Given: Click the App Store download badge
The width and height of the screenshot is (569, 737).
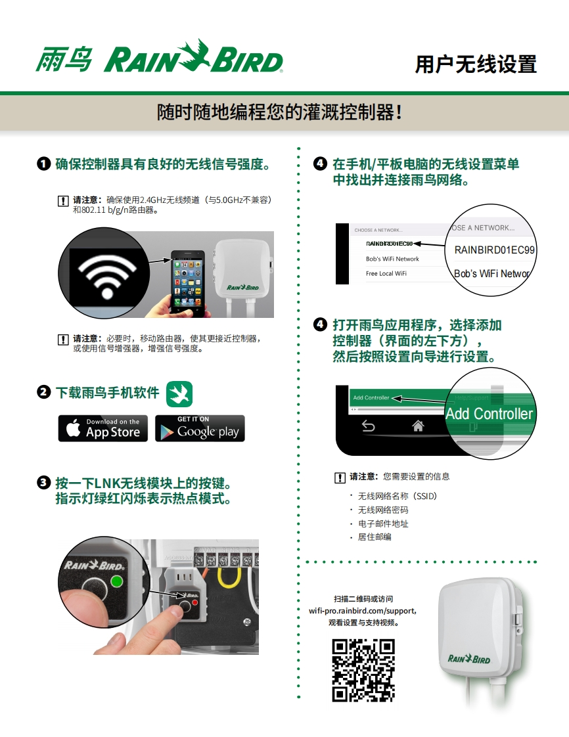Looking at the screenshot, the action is click(103, 428).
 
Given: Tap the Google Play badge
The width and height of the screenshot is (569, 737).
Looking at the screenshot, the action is click(200, 428).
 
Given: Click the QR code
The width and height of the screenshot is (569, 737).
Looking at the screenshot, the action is click(363, 670).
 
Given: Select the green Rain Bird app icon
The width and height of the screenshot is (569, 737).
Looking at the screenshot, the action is click(179, 394).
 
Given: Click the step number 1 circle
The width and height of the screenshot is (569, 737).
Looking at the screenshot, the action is click(44, 164).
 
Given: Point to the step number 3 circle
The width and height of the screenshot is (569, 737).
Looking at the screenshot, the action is click(44, 482).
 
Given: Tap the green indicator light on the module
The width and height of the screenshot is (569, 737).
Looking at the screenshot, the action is click(116, 581).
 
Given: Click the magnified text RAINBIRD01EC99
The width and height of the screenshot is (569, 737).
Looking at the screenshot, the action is click(494, 250).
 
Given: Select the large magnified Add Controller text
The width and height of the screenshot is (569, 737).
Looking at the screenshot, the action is click(489, 414).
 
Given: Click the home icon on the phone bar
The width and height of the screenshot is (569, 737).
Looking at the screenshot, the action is click(418, 426).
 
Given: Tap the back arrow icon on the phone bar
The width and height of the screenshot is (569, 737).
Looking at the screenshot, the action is click(368, 426).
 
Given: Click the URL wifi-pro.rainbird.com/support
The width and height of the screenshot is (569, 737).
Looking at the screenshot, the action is click(362, 611).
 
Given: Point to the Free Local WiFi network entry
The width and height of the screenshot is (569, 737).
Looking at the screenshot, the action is click(386, 273).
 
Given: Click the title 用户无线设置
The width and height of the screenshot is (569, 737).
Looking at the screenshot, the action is click(476, 64).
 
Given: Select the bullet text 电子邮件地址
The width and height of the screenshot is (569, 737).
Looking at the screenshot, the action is click(383, 524).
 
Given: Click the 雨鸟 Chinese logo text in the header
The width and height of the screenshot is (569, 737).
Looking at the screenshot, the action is click(64, 59).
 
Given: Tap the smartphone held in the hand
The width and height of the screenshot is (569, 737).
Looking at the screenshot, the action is click(188, 282).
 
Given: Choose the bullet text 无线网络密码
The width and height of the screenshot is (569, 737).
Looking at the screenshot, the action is click(383, 510).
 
